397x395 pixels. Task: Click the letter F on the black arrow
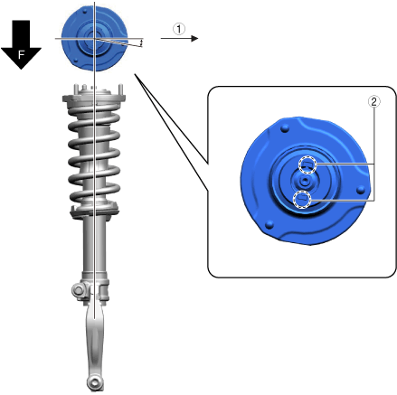[x=21, y=55]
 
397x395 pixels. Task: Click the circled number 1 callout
[x=179, y=29]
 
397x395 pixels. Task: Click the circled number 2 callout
[x=373, y=101]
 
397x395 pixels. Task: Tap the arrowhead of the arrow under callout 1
[x=195, y=38]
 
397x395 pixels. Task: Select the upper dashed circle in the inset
[x=307, y=165]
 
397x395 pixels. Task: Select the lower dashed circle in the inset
[x=302, y=199]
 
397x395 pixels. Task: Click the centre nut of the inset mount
[x=305, y=182]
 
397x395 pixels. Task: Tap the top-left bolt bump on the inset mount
[x=285, y=129]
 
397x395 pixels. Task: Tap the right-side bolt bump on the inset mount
[x=361, y=190]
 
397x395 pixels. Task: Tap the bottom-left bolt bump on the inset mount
[x=269, y=224]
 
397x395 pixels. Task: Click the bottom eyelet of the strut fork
[x=95, y=382]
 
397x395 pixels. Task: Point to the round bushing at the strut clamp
[x=78, y=290]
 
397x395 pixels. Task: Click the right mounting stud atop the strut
[x=120, y=89]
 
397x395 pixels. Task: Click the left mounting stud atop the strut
[x=76, y=89]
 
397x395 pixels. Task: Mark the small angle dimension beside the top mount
[x=141, y=42]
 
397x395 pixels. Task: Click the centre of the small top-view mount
[x=95, y=39]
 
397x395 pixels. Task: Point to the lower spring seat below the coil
[x=94, y=211]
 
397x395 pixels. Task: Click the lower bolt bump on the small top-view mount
[x=76, y=61]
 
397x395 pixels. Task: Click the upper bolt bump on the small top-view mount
[x=85, y=11]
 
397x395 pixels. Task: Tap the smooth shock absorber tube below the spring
[x=94, y=244]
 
